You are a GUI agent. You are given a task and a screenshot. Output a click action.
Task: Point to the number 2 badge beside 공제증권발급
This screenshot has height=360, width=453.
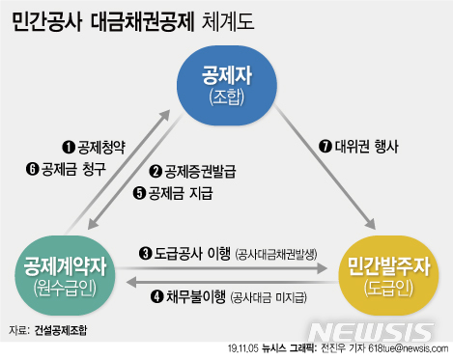(156, 171)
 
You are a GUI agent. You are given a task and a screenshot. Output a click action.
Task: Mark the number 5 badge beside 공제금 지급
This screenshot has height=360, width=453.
(138, 192)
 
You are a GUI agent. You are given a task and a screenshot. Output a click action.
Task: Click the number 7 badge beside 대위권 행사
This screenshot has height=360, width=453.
(325, 148)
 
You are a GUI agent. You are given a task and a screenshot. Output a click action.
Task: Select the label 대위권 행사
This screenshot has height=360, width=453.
(365, 148)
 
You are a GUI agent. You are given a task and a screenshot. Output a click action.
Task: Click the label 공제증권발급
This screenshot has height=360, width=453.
(201, 171)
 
